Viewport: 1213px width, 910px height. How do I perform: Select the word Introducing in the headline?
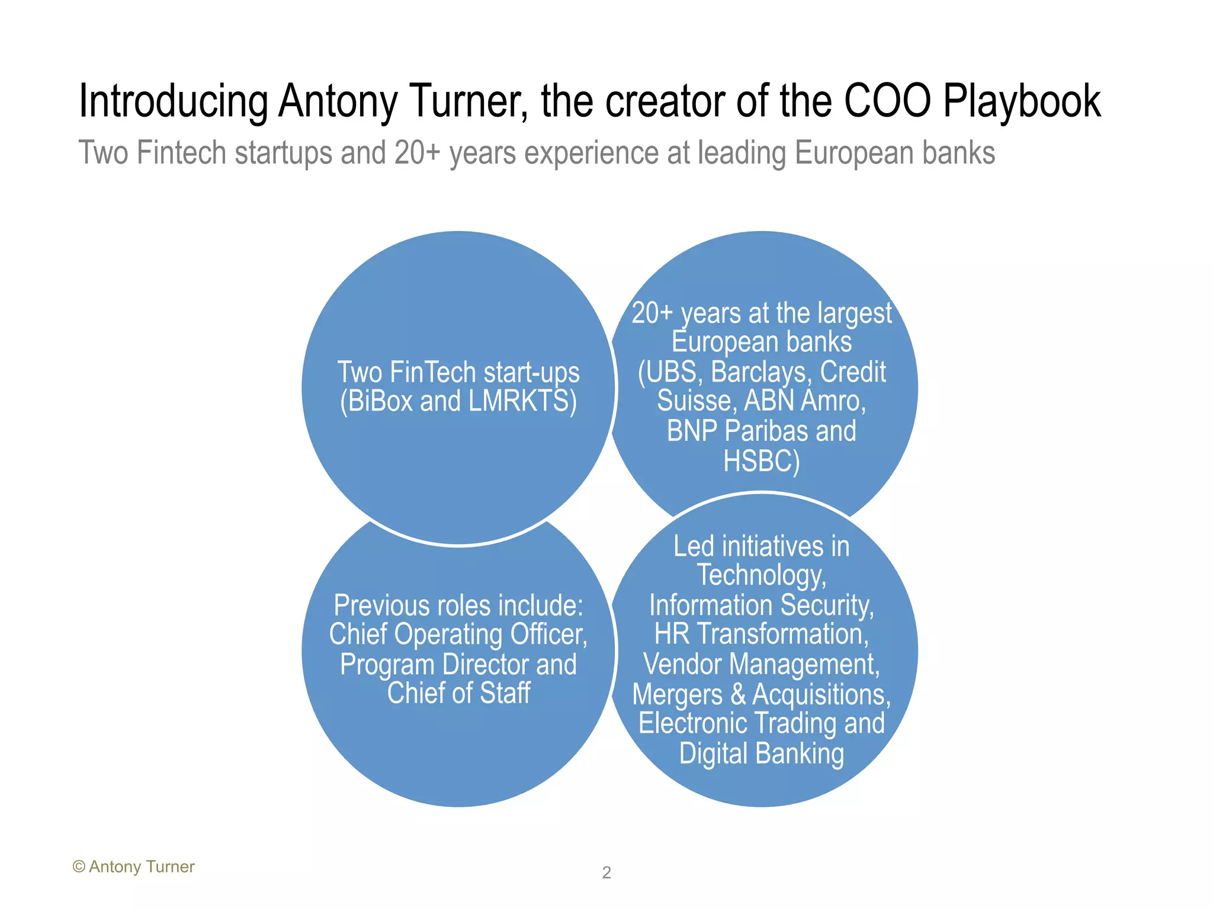(x=173, y=102)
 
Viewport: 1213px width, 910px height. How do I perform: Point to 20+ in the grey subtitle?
(x=418, y=153)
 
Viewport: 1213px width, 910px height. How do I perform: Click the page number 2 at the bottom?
(x=606, y=873)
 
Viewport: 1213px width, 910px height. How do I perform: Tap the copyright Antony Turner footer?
(x=134, y=867)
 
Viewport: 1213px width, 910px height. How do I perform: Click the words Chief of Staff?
(x=458, y=693)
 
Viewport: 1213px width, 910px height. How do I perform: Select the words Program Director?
(x=434, y=664)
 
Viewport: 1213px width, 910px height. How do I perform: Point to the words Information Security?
(x=761, y=605)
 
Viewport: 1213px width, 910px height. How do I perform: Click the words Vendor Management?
(x=761, y=664)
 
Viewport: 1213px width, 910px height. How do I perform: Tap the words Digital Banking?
(x=761, y=754)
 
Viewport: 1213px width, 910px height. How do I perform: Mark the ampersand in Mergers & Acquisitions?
(x=738, y=694)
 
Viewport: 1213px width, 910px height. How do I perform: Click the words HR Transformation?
(x=761, y=634)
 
